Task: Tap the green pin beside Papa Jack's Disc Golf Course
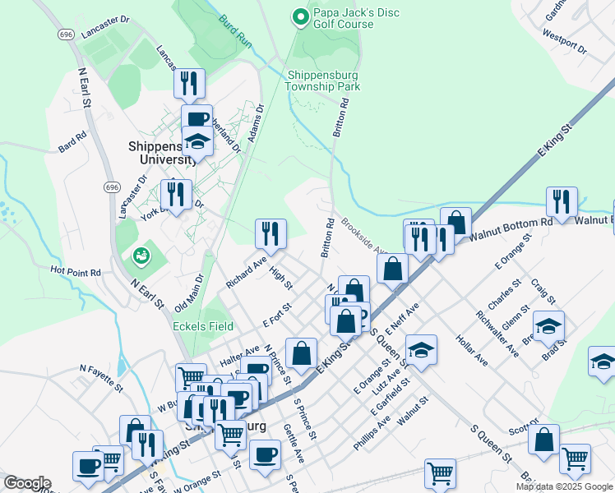[x=300, y=16]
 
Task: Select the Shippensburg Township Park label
[x=323, y=81]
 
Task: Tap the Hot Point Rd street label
[x=75, y=270]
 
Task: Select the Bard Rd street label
[x=72, y=143]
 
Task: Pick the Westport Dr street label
[x=565, y=43]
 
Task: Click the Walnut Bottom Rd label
[x=511, y=223]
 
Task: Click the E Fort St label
[x=277, y=316]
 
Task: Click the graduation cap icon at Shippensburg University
[x=197, y=142]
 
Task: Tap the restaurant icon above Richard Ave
[x=270, y=234]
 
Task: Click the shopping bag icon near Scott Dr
[x=543, y=440]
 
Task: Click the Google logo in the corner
[x=26, y=483]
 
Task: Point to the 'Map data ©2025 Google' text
[x=564, y=486]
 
